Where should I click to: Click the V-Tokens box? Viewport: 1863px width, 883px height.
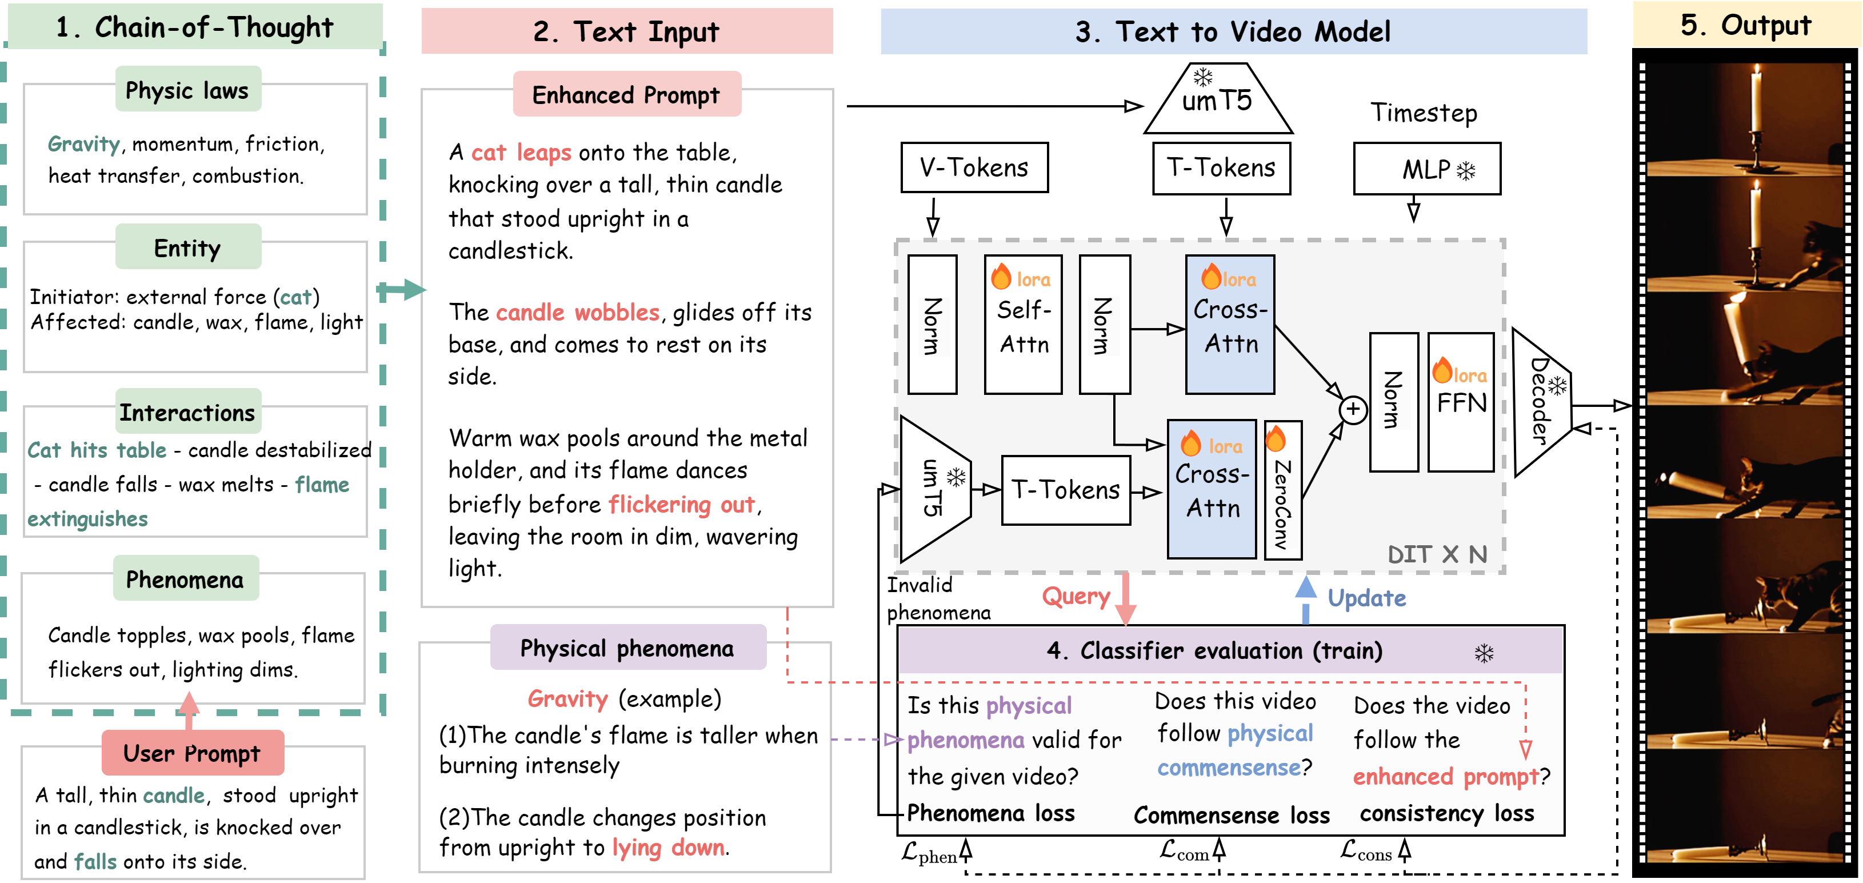coord(973,168)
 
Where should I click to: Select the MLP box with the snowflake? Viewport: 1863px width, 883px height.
coord(1426,169)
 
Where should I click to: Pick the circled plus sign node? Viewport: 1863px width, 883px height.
coord(1353,410)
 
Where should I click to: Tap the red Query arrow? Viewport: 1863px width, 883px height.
coord(1125,599)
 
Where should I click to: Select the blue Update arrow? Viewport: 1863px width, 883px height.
coord(1305,599)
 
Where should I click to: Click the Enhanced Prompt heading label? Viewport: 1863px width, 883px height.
coord(626,95)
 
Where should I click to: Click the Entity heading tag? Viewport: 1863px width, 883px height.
coord(187,248)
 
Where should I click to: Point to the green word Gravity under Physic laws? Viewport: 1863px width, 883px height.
coord(84,144)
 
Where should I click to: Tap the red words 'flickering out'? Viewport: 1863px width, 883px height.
coord(682,504)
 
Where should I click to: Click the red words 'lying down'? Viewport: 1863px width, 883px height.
coord(668,848)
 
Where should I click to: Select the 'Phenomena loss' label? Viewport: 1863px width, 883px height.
coord(991,814)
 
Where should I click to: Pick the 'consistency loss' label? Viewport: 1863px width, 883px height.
coord(1446,814)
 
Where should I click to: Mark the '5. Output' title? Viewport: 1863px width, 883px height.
coord(1746,25)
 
